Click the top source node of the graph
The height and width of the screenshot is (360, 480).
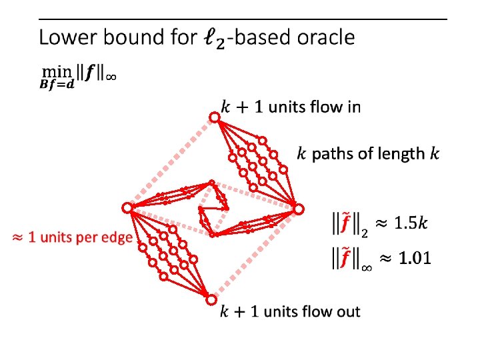(x=215, y=118)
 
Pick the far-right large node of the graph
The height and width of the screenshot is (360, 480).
(x=299, y=209)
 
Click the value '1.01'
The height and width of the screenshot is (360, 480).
(x=411, y=258)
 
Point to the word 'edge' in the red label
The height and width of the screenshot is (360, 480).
(x=115, y=238)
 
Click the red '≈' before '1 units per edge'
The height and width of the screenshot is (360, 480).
(x=18, y=238)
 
